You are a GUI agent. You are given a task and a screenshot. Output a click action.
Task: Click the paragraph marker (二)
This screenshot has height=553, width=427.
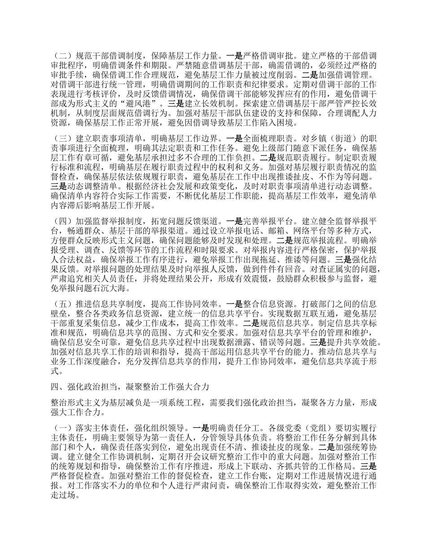[61, 57]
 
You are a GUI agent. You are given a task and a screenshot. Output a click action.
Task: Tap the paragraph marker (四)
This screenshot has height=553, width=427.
[61, 221]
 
